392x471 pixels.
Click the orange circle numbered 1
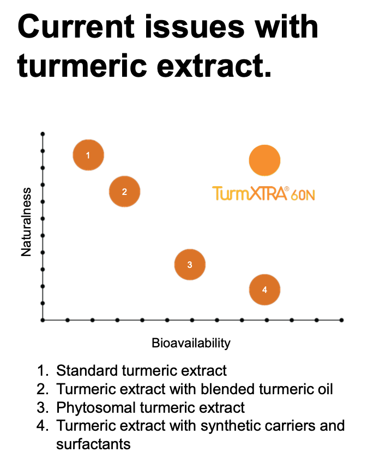pyautogui.click(x=88, y=155)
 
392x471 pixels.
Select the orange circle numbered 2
pyautogui.click(x=124, y=191)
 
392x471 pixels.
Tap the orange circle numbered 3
pyautogui.click(x=190, y=264)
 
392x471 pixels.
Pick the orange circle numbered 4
pyautogui.click(x=264, y=290)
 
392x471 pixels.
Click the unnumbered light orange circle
pyautogui.click(x=264, y=160)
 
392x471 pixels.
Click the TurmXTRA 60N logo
pyautogui.click(x=263, y=193)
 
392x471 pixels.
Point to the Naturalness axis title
pyautogui.click(x=26, y=222)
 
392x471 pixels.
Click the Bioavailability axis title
pyautogui.click(x=191, y=342)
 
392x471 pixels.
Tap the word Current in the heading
pyautogui.click(x=76, y=27)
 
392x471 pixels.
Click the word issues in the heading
pyautogui.click(x=194, y=27)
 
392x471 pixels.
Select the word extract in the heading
pyautogui.click(x=214, y=65)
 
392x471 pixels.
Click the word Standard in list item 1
pyautogui.click(x=87, y=370)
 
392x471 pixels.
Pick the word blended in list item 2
pyautogui.click(x=227, y=389)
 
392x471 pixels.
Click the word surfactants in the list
pyautogui.click(x=93, y=444)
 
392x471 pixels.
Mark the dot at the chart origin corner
pyautogui.click(x=43, y=320)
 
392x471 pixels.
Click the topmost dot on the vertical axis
pyautogui.click(x=43, y=133)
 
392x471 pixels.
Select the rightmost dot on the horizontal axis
pyautogui.click(x=341, y=320)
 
